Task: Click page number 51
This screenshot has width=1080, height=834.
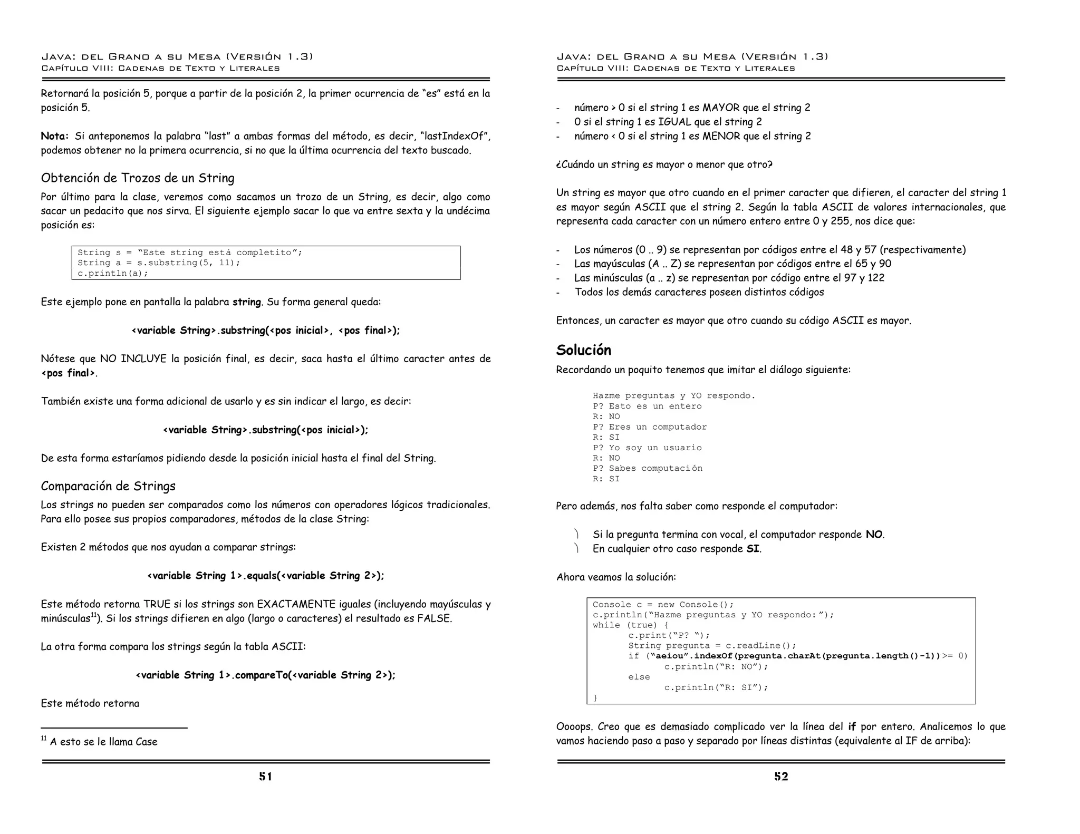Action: click(x=265, y=776)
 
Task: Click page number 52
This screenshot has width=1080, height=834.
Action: click(x=780, y=776)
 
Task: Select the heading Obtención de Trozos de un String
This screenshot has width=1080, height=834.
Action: click(x=138, y=178)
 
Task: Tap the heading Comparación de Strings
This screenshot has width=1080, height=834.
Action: click(x=108, y=486)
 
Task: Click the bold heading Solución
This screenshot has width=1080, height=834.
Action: click(x=583, y=350)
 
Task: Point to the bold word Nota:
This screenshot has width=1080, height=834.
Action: click(x=54, y=136)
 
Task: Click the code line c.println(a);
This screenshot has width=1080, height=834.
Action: click(x=113, y=273)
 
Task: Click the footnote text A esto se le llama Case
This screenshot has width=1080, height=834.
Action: click(x=103, y=742)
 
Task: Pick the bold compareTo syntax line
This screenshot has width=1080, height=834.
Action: click(x=265, y=675)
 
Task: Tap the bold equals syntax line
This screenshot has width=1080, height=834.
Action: click(x=265, y=576)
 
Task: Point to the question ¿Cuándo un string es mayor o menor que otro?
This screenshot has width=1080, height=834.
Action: click(x=664, y=164)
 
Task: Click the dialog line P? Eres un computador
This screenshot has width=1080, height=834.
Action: click(x=650, y=427)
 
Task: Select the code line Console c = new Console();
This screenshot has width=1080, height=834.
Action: click(x=663, y=605)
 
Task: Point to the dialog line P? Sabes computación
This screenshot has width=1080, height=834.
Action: click(x=647, y=468)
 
